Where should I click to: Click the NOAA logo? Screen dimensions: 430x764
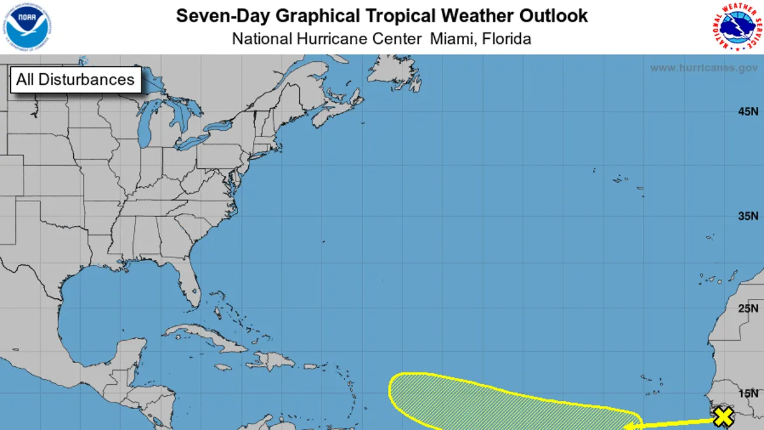[27, 26]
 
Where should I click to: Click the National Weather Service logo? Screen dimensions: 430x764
[736, 27]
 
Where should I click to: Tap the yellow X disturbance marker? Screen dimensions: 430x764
[723, 417]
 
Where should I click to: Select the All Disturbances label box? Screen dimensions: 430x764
[76, 80]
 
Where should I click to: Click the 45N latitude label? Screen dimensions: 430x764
[747, 112]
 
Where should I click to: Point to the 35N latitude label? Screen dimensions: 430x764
[747, 216]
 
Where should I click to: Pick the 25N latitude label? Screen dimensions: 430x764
[747, 309]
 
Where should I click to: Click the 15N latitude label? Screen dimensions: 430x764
[747, 393]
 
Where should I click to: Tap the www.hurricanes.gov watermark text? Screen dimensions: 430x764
[704, 68]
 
